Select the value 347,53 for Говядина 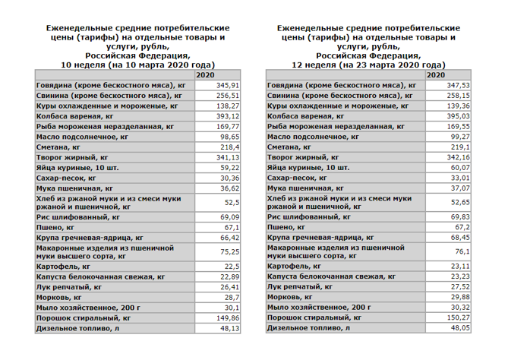click(460, 87)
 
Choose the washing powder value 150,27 click(460, 318)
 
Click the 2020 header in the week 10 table click(207, 76)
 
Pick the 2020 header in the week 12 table click(437, 76)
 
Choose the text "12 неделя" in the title click(325, 65)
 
